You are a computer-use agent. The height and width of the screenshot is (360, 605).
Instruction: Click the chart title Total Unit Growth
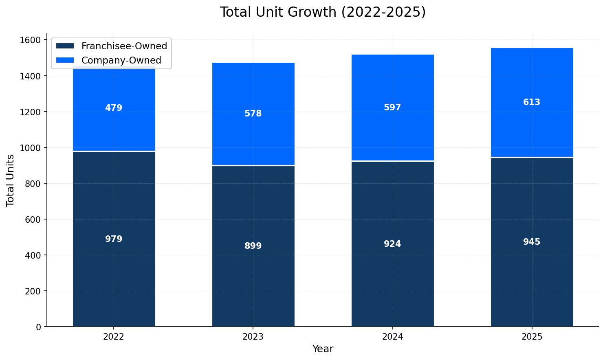323,12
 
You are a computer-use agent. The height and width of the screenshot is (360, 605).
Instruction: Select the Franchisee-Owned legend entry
124,46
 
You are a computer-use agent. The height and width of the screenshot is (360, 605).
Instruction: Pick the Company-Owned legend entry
121,60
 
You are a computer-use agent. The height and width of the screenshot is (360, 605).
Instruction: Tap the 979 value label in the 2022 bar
114,239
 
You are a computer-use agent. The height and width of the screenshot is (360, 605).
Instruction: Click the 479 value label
114,108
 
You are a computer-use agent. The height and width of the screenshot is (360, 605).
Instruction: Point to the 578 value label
253,114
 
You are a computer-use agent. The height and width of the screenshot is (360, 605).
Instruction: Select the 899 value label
253,246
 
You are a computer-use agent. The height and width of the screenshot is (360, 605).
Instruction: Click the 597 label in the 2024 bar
392,108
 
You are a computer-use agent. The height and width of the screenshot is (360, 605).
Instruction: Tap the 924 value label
392,244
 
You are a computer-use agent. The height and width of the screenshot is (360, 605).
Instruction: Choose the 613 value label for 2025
532,102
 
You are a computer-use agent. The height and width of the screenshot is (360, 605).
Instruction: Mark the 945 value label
532,242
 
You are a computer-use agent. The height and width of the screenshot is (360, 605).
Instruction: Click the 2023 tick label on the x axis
253,337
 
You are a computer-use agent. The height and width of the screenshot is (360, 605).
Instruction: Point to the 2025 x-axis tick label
532,337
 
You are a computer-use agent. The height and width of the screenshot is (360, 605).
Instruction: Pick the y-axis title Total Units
11,180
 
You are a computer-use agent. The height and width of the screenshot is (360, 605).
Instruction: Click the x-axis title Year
323,349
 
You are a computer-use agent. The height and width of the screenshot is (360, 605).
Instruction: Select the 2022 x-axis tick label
114,337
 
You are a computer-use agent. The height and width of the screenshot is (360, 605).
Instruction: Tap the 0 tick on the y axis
39,327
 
